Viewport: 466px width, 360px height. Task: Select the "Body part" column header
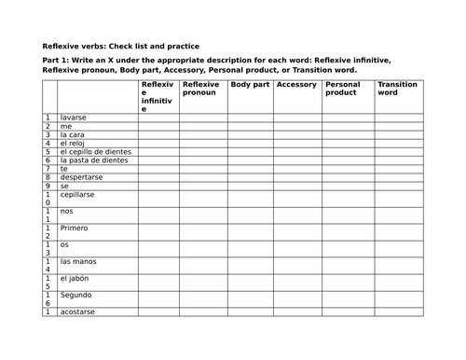(x=250, y=85)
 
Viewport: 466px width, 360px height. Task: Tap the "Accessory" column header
(x=296, y=85)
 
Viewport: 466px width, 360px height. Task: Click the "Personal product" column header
(x=342, y=89)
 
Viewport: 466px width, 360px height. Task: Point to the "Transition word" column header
(x=398, y=89)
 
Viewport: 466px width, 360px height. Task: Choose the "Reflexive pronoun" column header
(x=201, y=89)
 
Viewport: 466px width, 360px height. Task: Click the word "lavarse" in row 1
(x=74, y=118)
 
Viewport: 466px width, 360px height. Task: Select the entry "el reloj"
(x=74, y=143)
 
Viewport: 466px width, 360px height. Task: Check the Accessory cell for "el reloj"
(x=298, y=143)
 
